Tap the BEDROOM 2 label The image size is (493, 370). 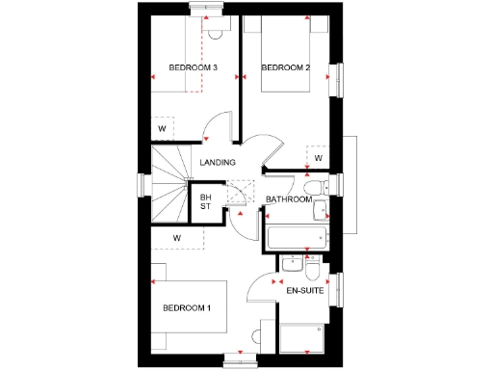click(285, 67)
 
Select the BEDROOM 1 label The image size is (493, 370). click(186, 308)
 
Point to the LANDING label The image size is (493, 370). click(217, 162)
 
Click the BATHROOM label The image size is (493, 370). click(289, 199)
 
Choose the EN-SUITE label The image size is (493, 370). click(303, 288)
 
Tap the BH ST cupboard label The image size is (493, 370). click(205, 201)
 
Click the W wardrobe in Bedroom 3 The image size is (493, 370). click(162, 129)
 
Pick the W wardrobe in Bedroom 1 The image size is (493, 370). click(177, 237)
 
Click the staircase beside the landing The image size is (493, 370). click(170, 183)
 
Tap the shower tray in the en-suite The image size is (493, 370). click(303, 337)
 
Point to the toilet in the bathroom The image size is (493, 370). click(310, 187)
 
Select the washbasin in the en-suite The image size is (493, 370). click(290, 263)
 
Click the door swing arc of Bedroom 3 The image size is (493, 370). click(220, 125)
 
